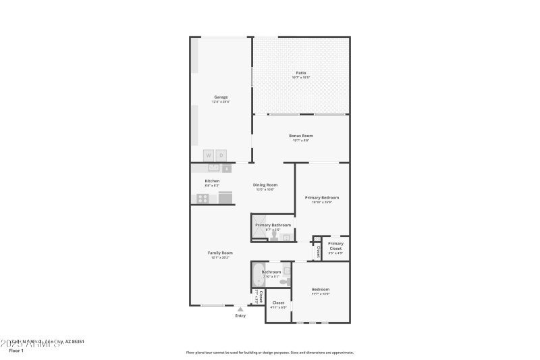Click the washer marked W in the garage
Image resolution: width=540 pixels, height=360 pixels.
[x=209, y=155]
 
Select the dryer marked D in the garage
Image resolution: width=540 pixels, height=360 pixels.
[x=221, y=155]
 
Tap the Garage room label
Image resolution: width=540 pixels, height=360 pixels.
[x=221, y=97]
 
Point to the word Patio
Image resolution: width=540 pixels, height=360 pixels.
[x=301, y=72]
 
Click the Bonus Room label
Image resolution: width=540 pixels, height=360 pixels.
[x=301, y=136]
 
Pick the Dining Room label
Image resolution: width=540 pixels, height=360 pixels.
[x=265, y=184]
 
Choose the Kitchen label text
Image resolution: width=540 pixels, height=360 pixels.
[x=212, y=181]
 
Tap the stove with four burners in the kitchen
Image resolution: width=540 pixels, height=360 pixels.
[x=202, y=198]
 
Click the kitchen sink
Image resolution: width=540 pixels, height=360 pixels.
[x=214, y=168]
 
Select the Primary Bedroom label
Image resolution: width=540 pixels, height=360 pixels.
[x=321, y=197]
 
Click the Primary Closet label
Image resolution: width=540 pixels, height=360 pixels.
[x=335, y=246]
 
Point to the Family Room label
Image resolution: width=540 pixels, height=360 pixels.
[x=220, y=253]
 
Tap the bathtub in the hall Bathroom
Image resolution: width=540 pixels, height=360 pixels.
[x=259, y=276]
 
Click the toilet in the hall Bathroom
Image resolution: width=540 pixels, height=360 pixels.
[x=284, y=281]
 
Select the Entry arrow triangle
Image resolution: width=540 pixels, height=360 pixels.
[x=240, y=309]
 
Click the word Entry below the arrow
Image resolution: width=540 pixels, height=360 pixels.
[x=240, y=315]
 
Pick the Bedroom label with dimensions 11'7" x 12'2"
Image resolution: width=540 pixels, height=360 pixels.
[x=321, y=289]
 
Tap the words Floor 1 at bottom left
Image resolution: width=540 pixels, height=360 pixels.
[x=16, y=351]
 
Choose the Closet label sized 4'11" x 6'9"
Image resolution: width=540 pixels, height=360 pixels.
[x=278, y=303]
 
